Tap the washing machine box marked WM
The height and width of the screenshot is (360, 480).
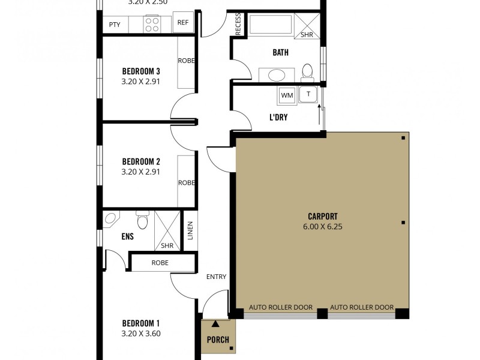[286, 95]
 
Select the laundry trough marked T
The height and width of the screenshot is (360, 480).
[309, 94]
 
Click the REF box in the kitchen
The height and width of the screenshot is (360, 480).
[183, 24]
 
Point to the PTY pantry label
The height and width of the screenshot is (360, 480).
[114, 25]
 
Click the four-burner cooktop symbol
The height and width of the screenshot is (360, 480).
[152, 24]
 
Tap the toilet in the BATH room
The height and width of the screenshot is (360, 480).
[308, 71]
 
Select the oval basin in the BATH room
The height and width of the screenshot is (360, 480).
[277, 75]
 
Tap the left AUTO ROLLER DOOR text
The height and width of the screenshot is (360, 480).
[281, 307]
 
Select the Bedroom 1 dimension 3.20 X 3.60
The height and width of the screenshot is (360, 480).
[141, 334]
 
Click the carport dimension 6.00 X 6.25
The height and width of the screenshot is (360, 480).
[322, 227]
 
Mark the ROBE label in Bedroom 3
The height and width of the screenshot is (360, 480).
[186, 61]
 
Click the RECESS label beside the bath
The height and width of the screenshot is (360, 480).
[238, 25]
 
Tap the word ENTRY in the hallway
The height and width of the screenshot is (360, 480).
[216, 277]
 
